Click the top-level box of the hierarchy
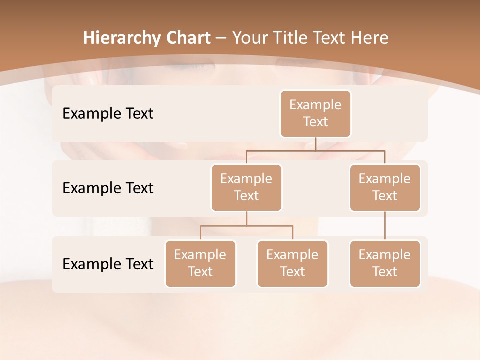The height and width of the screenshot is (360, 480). click(315, 113)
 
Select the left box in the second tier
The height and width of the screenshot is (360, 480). click(246, 187)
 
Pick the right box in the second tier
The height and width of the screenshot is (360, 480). click(385, 187)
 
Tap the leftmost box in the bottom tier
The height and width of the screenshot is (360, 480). click(200, 263)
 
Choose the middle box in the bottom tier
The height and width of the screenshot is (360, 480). click(292, 263)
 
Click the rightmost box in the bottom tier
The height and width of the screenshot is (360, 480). click(385, 263)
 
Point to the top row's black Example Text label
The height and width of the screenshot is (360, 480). click(108, 113)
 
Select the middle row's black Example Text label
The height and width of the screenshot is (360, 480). click(108, 188)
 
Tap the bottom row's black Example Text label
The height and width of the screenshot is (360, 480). click(108, 264)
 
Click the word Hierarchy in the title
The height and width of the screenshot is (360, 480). click(120, 38)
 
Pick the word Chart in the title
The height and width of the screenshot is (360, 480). click(186, 38)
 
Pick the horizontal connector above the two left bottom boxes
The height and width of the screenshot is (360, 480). click(246, 226)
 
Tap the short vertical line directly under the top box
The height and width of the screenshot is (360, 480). click(315, 144)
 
